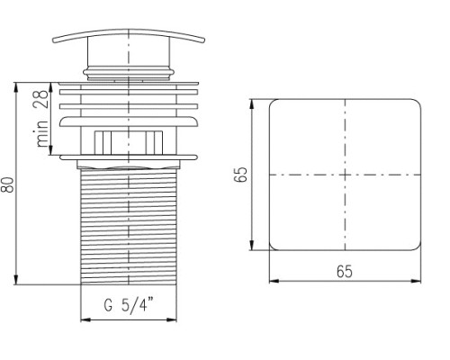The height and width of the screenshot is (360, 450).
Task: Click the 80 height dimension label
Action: pyautogui.click(x=8, y=184)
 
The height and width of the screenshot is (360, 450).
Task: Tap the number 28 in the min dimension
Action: pyautogui.click(x=41, y=99)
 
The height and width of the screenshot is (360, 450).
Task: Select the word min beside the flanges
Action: pyautogui.click(x=42, y=133)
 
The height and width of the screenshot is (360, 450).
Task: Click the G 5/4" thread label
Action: pyautogui.click(x=129, y=304)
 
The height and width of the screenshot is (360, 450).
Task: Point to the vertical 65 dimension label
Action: pyautogui.click(x=241, y=175)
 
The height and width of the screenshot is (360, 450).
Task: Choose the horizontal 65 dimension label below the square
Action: pyautogui.click(x=345, y=272)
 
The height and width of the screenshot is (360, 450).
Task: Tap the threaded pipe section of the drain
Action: pyautogui.click(x=129, y=227)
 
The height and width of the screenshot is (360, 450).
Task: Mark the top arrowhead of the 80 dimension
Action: pyautogui.click(x=16, y=87)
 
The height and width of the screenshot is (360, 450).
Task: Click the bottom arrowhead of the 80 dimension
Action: pyautogui.click(x=16, y=280)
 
